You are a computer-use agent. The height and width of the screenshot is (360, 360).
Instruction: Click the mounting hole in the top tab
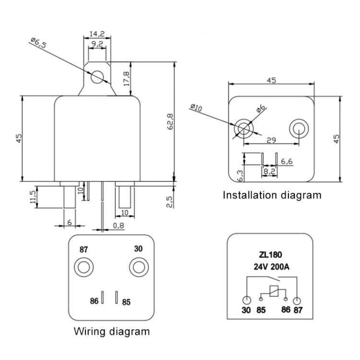click(x=97, y=76)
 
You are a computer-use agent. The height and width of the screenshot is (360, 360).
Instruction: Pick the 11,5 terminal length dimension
click(x=33, y=196)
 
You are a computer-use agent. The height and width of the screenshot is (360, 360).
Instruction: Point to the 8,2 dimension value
click(x=269, y=170)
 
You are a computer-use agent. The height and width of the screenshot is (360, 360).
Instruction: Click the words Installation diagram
click(x=271, y=195)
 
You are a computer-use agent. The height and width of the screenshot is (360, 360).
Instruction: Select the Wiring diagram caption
click(x=111, y=331)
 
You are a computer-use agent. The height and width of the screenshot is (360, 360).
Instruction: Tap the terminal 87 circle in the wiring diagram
click(x=84, y=267)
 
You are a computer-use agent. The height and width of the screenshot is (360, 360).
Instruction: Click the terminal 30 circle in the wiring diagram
click(x=138, y=266)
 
